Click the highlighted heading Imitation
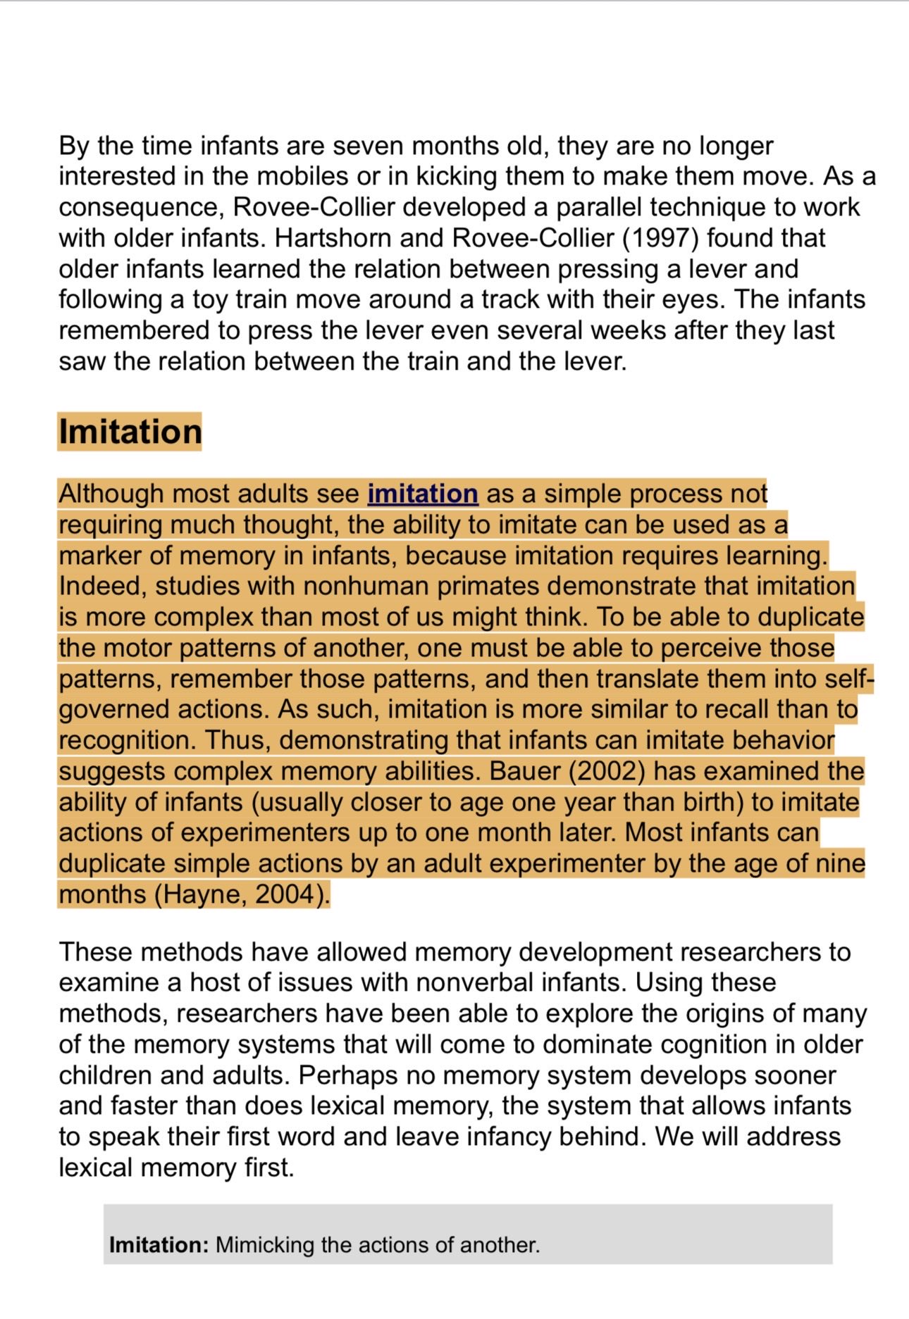(x=130, y=432)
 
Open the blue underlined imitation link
(x=423, y=494)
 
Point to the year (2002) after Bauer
(x=607, y=771)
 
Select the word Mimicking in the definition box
(x=264, y=1245)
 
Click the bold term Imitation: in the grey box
(x=159, y=1245)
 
